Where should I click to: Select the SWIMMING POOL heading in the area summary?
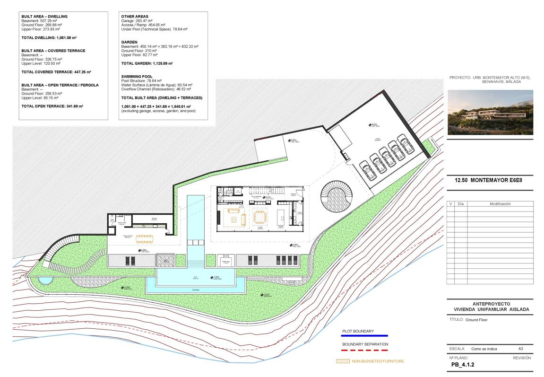tap(137, 76)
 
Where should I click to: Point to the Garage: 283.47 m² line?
tap(137, 21)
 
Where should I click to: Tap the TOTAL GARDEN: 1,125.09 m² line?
tap(147, 63)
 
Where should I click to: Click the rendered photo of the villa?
tap(490, 112)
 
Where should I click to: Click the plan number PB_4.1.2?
tap(463, 365)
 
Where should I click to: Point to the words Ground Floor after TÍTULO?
tap(476, 320)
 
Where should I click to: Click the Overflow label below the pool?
tap(196, 290)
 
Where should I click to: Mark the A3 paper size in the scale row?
tap(520, 349)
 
